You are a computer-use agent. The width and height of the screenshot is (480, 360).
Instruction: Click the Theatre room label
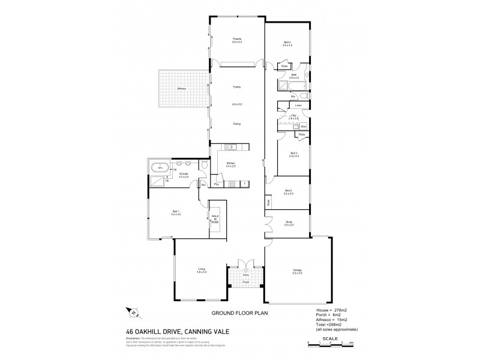pos(236,40)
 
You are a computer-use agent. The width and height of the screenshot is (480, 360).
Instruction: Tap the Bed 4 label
pos(287,42)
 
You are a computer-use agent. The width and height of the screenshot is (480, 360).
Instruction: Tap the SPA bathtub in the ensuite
pos(160,167)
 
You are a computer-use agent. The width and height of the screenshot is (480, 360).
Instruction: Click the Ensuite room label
pos(183,175)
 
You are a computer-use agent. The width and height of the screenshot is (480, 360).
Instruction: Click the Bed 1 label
pos(176,212)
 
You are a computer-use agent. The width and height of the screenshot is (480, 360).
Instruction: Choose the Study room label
pos(288,223)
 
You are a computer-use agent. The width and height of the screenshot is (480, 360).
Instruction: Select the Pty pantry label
pos(216,184)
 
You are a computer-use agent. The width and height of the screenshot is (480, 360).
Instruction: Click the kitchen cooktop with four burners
pos(231,148)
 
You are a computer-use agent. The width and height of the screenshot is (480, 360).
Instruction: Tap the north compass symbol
pos(133,312)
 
